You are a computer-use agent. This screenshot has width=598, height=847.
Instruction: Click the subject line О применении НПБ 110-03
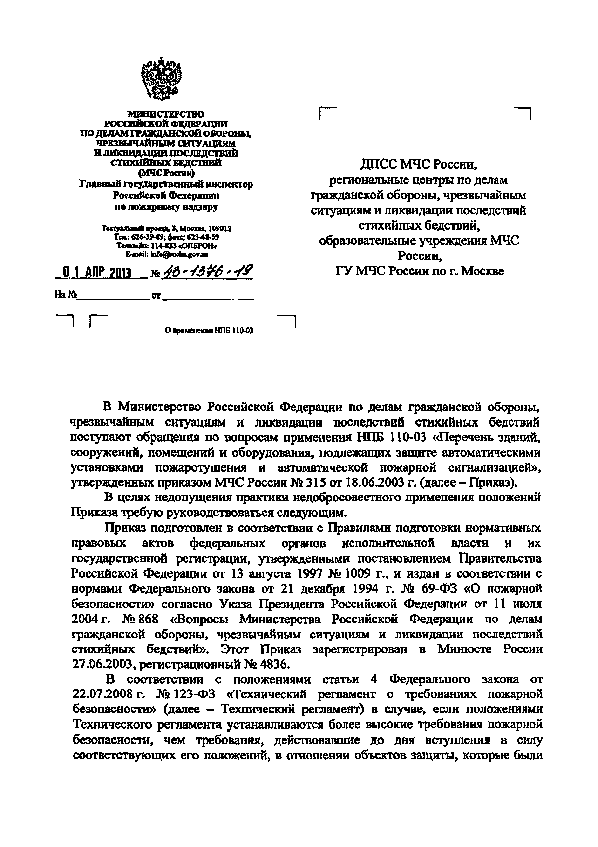point(209,331)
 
